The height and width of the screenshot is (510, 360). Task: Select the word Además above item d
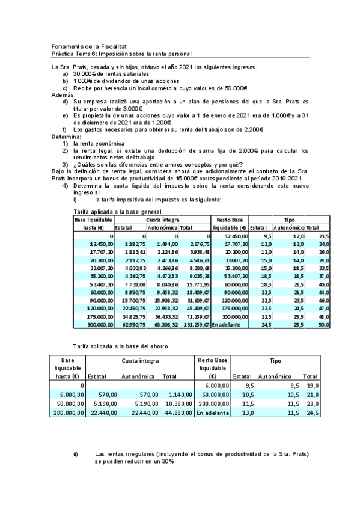(63, 95)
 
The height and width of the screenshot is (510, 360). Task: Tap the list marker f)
(65, 129)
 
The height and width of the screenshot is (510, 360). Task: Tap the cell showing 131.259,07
(194, 324)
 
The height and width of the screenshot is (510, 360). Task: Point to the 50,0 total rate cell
(323, 324)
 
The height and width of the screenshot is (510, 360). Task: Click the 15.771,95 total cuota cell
(195, 284)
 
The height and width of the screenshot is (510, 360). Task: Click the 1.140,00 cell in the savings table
(178, 394)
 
